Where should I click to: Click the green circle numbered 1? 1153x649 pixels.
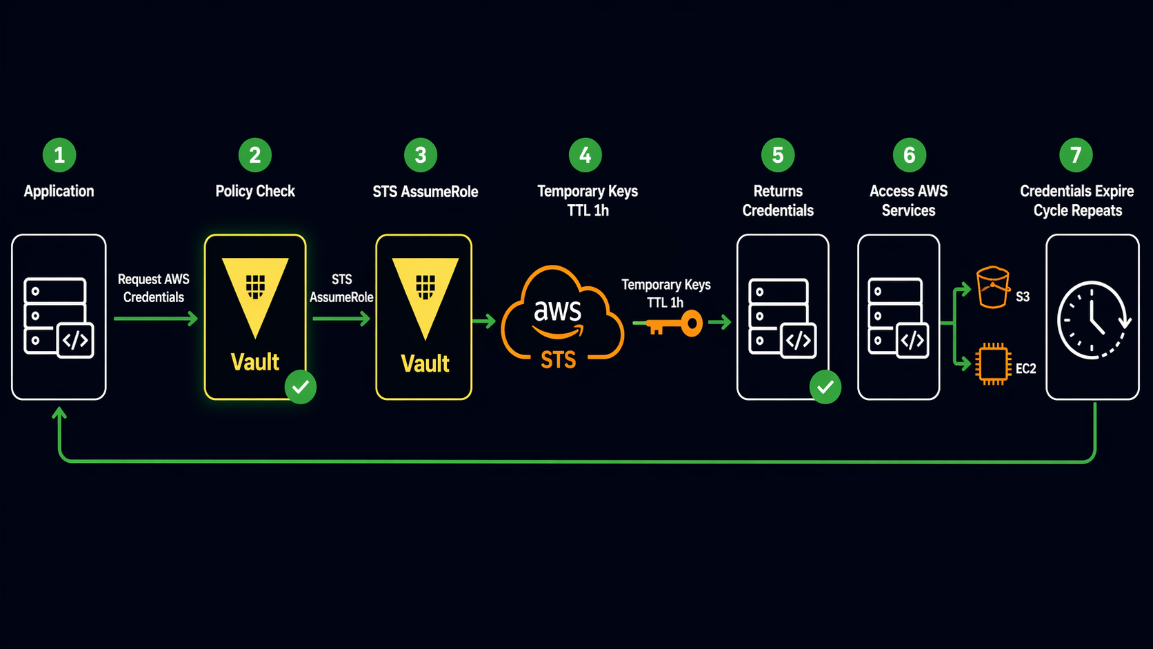[x=59, y=155]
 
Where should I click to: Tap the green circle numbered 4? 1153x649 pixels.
[x=585, y=155]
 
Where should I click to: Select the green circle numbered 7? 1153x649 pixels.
[x=1076, y=155]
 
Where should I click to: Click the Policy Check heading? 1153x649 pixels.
[x=255, y=191]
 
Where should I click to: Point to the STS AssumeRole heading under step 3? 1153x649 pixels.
[x=425, y=192]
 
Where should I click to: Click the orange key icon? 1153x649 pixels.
[x=669, y=323]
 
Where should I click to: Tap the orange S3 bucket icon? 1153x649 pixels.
[x=993, y=288]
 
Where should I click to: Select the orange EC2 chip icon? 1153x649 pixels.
[x=993, y=363]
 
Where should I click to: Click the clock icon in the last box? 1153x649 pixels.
[x=1092, y=320]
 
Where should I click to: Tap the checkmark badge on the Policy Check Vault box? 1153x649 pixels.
[x=301, y=387]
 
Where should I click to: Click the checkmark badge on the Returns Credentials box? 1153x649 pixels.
[x=825, y=387]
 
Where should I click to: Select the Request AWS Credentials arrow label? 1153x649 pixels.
[x=153, y=288]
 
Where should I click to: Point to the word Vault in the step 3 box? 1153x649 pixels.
[x=425, y=363]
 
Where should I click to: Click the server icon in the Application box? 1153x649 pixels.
[x=59, y=317]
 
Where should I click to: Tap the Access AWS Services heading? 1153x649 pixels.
[x=908, y=201]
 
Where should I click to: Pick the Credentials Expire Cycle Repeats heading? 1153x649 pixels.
[x=1077, y=201]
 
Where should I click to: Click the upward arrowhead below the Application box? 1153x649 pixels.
[x=59, y=413]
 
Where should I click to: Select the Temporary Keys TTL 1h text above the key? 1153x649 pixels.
[x=665, y=293]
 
